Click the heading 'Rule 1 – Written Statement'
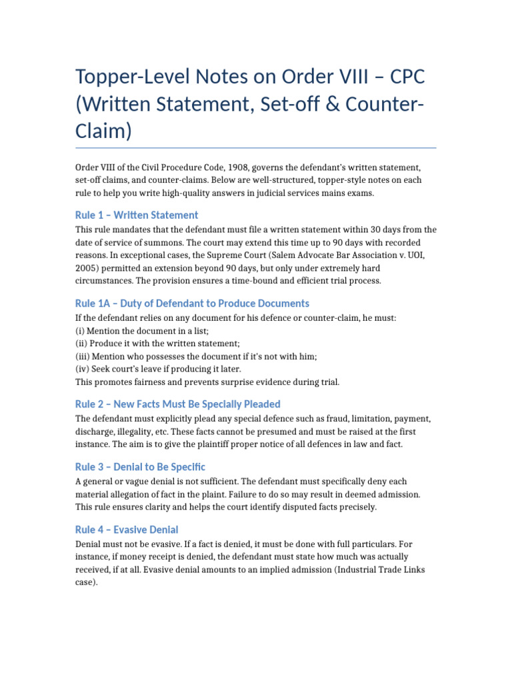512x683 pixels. (137, 215)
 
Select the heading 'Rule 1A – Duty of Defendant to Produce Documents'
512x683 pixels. (192, 303)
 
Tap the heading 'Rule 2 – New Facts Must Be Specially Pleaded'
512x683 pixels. (177, 404)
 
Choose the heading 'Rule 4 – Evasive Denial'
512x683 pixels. (127, 530)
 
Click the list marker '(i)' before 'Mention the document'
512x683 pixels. (80, 331)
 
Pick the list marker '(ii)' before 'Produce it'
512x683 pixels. (81, 344)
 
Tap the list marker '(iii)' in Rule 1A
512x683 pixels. (83, 356)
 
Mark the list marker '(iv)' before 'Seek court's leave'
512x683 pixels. (82, 369)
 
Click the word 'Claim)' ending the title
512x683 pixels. (104, 131)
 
